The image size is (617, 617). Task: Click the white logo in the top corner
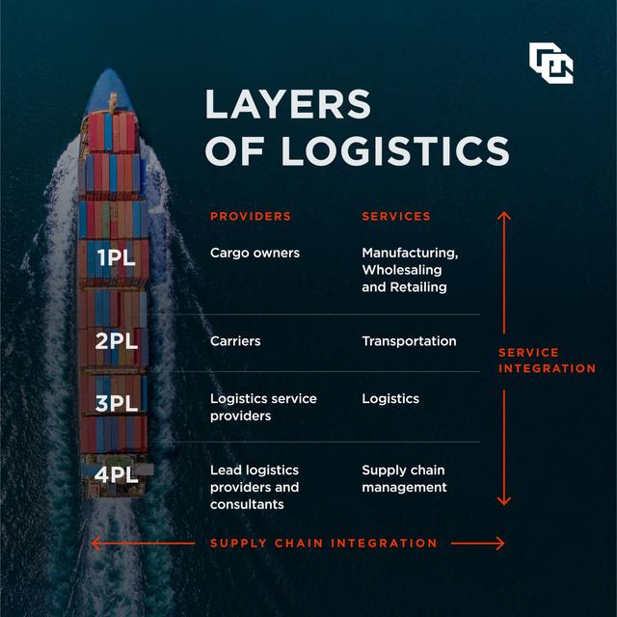550,63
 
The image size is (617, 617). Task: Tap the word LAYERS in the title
287,104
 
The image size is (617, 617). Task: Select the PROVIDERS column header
251,216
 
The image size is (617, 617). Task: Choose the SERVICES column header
396,216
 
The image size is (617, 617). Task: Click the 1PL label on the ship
117,256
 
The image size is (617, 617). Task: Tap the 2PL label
117,340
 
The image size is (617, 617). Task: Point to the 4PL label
117,473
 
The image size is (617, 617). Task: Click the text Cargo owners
255,253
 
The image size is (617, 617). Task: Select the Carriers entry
235,340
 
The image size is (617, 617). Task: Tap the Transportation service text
409,340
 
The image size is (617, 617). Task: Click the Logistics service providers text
263,407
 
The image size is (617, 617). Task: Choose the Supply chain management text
404,478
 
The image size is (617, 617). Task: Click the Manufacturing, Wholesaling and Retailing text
410,269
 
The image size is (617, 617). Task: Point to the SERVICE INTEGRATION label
547,361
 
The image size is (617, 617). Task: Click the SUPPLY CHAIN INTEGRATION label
324,544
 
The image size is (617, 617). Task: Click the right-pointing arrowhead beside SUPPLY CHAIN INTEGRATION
497,544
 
